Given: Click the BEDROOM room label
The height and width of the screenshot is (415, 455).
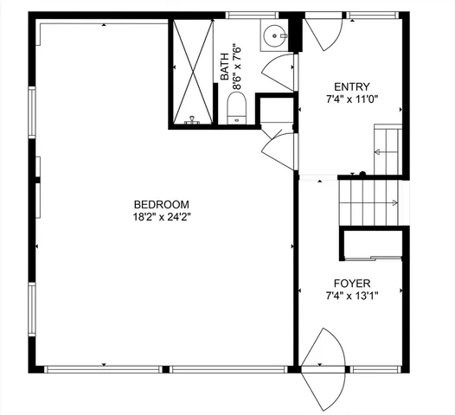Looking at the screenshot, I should pos(156,205).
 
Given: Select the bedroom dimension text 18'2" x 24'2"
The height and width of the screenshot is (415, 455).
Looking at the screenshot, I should pos(156,217).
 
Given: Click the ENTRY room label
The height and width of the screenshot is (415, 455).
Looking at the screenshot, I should pos(352,86).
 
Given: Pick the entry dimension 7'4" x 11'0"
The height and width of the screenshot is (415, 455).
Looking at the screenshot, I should pos(352,99).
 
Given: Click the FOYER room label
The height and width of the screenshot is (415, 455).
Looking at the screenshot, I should pos(351,284).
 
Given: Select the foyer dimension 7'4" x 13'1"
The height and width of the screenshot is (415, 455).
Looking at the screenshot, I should pos(351,296).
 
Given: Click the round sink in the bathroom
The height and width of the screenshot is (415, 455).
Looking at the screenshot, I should pos(275,36).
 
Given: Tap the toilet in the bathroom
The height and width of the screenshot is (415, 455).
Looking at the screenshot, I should pos(236,109).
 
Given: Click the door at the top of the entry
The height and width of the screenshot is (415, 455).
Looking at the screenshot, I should pos(327,34).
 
